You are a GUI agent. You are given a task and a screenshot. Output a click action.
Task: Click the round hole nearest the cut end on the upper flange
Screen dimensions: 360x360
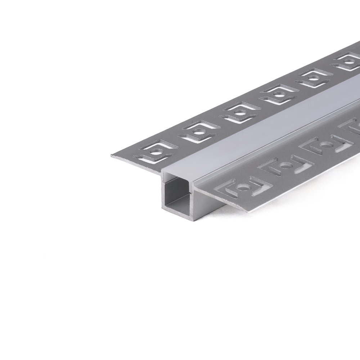[156, 152]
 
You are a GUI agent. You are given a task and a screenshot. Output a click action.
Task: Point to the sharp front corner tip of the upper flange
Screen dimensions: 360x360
[112, 156]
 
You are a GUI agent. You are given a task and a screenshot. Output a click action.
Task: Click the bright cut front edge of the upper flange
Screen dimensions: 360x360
[137, 164]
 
